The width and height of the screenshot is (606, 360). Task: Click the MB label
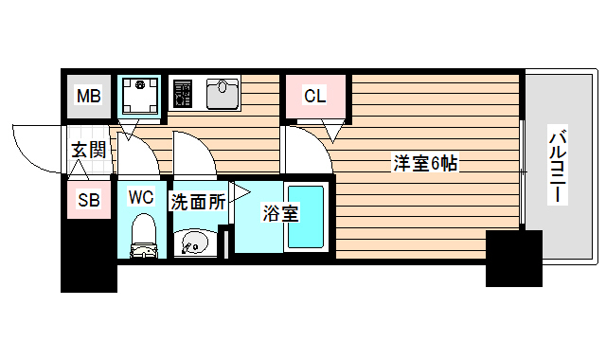tap(88, 97)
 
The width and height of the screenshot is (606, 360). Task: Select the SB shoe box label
tap(88, 200)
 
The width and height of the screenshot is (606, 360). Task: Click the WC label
tap(141, 198)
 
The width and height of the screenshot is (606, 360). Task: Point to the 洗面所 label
tap(198, 201)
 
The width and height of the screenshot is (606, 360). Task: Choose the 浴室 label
tap(280, 213)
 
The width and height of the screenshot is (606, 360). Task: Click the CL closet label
tap(314, 96)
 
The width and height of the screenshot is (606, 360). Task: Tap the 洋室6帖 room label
tap(426, 163)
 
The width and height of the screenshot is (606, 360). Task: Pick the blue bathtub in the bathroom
tap(306, 219)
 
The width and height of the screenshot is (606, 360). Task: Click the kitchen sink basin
tap(223, 94)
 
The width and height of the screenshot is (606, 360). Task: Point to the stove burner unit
tap(183, 94)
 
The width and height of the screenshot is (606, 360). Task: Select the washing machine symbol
tap(139, 96)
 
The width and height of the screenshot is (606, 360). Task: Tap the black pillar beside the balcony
tap(513, 257)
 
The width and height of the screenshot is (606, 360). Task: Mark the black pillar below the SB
tap(88, 256)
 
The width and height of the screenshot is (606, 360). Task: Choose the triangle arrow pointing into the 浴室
tap(241, 192)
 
